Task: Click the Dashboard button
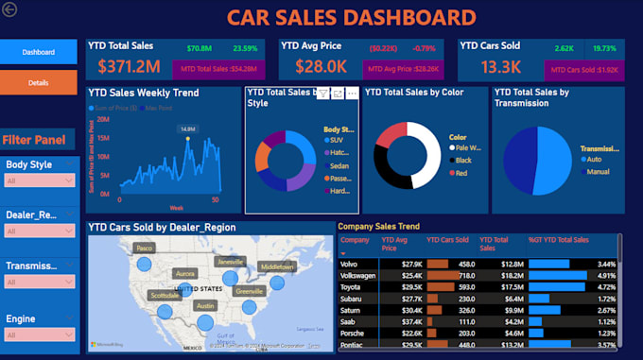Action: click(39, 52)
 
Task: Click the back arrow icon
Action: click(10, 9)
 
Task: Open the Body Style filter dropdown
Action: click(39, 180)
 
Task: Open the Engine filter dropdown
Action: click(39, 334)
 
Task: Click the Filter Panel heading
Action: click(34, 141)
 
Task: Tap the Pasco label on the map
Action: click(144, 248)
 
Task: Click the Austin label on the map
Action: click(205, 306)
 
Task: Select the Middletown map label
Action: click(277, 267)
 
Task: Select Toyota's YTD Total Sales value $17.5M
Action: click(512, 286)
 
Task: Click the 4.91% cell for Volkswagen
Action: click(605, 275)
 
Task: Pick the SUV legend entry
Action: click(337, 139)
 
